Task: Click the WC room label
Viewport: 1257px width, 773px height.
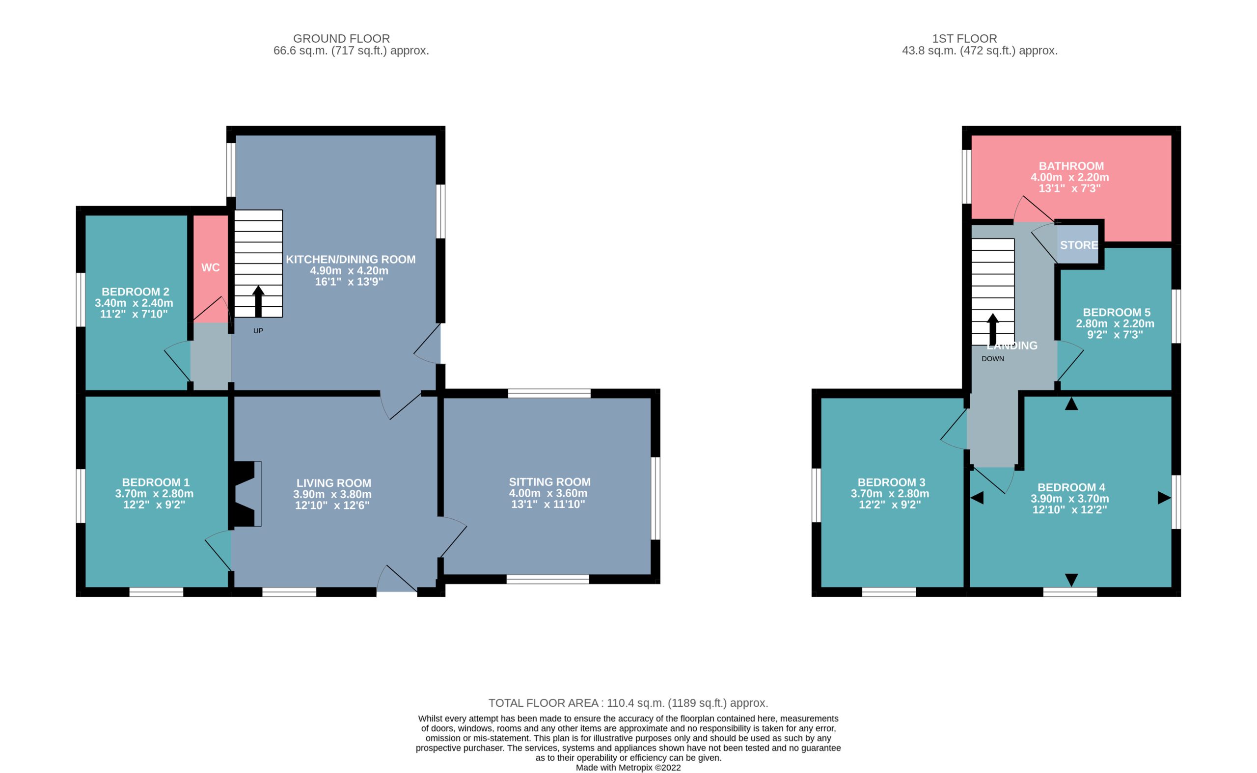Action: click(x=210, y=267)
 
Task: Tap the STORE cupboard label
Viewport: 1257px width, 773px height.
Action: click(x=1079, y=245)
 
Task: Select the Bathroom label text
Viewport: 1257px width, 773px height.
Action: click(x=1071, y=166)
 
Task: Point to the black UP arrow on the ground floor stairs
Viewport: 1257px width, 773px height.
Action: click(x=258, y=301)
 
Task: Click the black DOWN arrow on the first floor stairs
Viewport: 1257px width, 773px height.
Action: click(x=993, y=329)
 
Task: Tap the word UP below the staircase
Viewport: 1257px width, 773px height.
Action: click(x=258, y=331)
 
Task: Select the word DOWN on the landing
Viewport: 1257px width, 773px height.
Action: click(x=993, y=358)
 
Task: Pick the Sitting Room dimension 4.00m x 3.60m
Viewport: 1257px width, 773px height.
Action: click(x=548, y=493)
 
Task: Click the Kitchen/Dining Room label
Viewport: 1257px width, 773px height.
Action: click(x=351, y=259)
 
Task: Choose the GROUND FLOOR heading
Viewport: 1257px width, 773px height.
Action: click(x=342, y=38)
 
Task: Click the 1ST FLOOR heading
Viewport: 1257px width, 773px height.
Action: click(x=964, y=38)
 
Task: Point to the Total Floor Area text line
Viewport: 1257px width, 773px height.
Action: click(x=628, y=703)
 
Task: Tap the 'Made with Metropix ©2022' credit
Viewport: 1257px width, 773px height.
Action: click(x=628, y=768)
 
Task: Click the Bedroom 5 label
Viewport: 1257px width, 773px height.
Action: click(x=1117, y=312)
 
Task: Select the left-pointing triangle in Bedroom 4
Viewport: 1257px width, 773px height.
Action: click(x=977, y=498)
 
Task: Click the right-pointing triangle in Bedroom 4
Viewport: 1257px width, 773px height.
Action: click(x=1164, y=498)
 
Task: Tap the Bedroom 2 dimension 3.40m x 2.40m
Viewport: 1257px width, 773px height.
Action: click(x=134, y=303)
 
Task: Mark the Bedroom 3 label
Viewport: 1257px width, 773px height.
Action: click(x=891, y=482)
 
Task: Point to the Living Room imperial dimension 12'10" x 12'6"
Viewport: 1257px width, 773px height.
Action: click(x=332, y=505)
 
